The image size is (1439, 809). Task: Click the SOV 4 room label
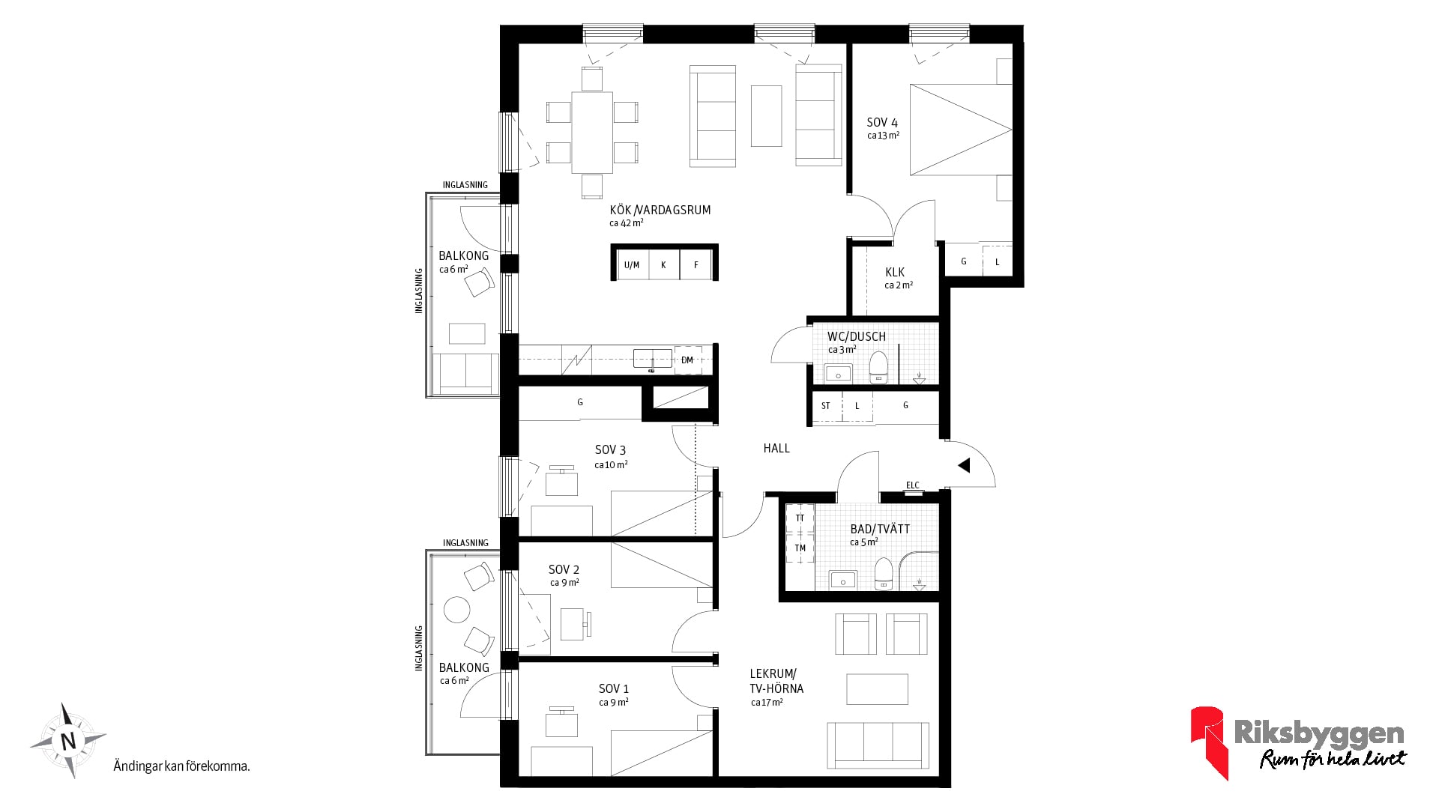(882, 122)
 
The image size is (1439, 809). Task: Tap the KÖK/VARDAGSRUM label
(660, 210)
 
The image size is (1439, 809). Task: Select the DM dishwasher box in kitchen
(687, 360)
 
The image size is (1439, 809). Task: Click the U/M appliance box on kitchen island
(632, 264)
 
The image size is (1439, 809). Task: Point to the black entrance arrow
(964, 465)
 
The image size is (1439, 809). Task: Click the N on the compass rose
(68, 741)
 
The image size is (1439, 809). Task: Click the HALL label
(776, 448)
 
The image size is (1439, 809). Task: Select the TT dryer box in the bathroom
(800, 518)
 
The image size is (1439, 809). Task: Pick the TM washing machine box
(800, 548)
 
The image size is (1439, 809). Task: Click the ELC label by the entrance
(912, 485)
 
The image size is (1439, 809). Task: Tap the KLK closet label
(895, 273)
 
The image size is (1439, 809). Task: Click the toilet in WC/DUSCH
(878, 367)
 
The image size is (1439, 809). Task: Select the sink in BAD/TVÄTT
(844, 580)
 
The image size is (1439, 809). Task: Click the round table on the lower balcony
(456, 610)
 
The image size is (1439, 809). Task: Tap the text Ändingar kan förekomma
(181, 766)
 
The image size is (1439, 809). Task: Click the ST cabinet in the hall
(826, 406)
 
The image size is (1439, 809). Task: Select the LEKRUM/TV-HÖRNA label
(776, 681)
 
